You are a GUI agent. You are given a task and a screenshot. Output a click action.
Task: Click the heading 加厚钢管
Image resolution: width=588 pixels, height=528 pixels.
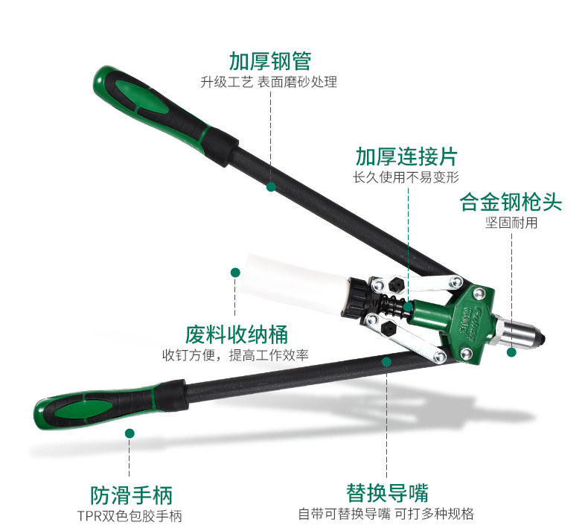click(x=269, y=60)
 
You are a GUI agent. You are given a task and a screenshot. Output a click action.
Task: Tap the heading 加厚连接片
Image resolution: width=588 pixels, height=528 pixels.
click(x=406, y=157)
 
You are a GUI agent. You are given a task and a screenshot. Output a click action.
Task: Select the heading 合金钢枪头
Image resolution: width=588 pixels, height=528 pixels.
click(x=511, y=203)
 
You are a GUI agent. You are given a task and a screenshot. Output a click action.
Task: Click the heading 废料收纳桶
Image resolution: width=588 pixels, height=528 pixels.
click(x=236, y=334)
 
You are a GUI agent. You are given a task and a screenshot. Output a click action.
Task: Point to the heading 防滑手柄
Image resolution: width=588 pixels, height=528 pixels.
click(x=130, y=494)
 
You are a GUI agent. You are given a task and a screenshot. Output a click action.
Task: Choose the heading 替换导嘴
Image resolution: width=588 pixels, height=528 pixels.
click(x=387, y=492)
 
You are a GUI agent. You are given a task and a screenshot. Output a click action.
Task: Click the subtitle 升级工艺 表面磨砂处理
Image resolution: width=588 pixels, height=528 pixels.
click(x=269, y=82)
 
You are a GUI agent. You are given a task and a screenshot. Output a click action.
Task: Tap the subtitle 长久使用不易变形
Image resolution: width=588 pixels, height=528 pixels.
click(x=406, y=177)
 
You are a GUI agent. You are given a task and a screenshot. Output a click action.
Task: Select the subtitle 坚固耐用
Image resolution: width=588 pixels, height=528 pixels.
click(x=511, y=223)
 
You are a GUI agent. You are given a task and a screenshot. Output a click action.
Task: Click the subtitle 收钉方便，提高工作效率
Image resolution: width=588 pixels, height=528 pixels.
click(x=236, y=354)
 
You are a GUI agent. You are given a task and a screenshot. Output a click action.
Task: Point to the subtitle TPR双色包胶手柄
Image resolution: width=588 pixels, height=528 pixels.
click(x=130, y=515)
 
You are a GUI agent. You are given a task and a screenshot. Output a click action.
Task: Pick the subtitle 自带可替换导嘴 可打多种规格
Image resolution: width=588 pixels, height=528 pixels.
click(x=386, y=513)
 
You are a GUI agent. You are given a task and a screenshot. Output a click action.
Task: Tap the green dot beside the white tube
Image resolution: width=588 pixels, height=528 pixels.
click(x=235, y=273)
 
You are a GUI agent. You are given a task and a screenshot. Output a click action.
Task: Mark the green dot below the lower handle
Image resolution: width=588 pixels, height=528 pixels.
click(x=130, y=433)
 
